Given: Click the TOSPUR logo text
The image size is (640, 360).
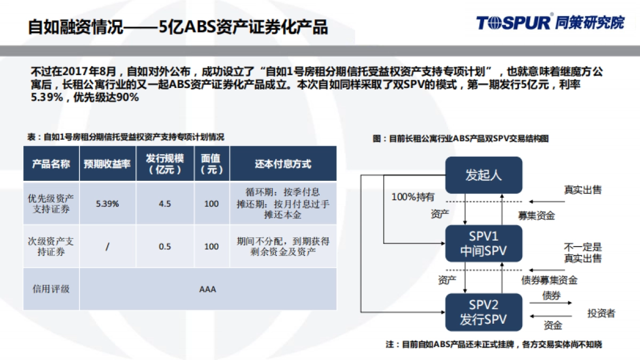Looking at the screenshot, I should (x=514, y=22).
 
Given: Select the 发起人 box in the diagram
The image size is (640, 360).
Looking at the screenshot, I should (x=483, y=175).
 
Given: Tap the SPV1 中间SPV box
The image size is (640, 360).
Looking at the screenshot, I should (x=483, y=243).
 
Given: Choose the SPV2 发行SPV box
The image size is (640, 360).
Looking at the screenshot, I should (x=483, y=312).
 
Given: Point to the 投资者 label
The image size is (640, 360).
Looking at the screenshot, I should (x=601, y=313).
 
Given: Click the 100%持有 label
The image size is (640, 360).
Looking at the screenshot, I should (x=413, y=197).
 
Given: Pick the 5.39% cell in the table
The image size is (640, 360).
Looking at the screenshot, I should (x=107, y=204).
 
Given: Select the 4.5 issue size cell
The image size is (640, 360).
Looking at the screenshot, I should (x=165, y=204).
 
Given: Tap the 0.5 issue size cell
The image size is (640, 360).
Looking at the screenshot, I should (x=165, y=246).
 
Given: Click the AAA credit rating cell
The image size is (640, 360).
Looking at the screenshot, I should (x=207, y=290).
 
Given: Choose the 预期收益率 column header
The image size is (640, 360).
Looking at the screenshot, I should (x=107, y=164).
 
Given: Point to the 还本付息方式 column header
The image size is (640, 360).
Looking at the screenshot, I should (x=283, y=164).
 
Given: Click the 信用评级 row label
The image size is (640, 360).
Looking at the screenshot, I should (x=51, y=290).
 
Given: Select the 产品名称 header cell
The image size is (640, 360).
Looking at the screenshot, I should (x=51, y=164).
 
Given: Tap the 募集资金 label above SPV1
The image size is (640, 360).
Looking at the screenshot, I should (x=537, y=215).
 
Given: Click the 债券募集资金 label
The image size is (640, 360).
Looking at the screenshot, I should (x=549, y=281).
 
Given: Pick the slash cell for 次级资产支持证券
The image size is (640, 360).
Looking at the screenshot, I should (x=107, y=246).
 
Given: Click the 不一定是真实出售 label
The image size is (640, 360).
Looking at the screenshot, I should (x=582, y=253).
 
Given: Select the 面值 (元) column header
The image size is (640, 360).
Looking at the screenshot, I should (x=211, y=164).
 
